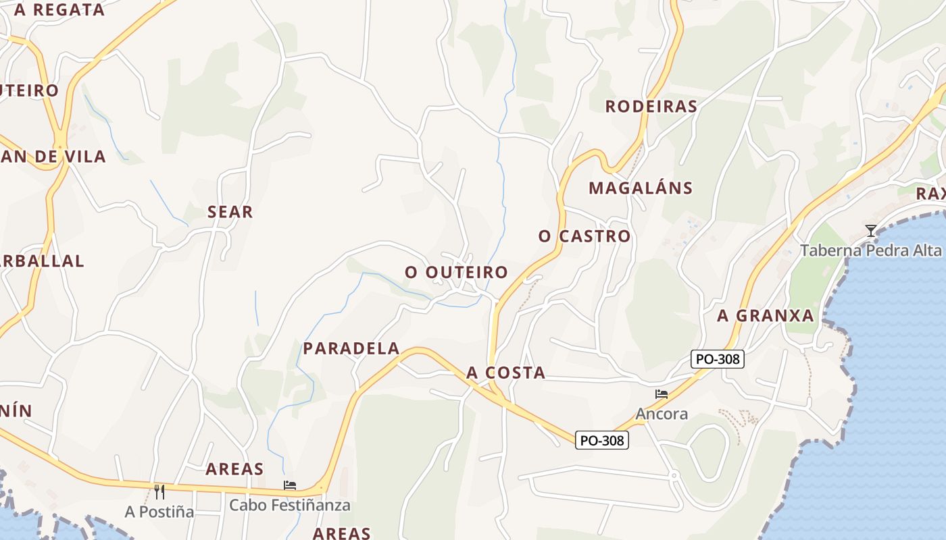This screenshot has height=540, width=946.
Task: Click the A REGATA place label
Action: point(59,10)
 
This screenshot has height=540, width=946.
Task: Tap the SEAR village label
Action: point(230,212)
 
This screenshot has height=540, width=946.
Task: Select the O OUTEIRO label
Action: point(456,272)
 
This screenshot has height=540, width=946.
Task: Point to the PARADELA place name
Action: point(351,348)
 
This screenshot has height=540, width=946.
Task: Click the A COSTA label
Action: point(505,373)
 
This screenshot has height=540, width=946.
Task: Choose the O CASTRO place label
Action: point(584,236)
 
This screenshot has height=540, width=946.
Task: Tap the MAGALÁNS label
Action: point(641,188)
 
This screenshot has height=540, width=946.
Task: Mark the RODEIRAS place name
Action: point(651,107)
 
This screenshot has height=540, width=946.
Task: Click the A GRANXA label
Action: point(766,316)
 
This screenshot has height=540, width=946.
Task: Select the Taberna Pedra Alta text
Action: point(870,250)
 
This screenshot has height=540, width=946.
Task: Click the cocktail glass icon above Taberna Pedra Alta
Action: point(871,231)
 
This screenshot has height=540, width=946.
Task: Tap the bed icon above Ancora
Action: point(662,394)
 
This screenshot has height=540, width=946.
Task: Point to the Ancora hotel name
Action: point(662,413)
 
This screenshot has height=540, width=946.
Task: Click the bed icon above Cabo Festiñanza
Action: point(290,485)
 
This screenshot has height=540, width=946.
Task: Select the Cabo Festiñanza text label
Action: point(290,505)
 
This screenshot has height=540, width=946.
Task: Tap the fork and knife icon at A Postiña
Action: point(159,491)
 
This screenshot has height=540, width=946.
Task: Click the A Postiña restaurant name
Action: point(159,512)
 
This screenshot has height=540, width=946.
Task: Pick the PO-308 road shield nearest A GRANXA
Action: point(718,359)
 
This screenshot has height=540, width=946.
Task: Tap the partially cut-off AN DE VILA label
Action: point(53,157)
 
